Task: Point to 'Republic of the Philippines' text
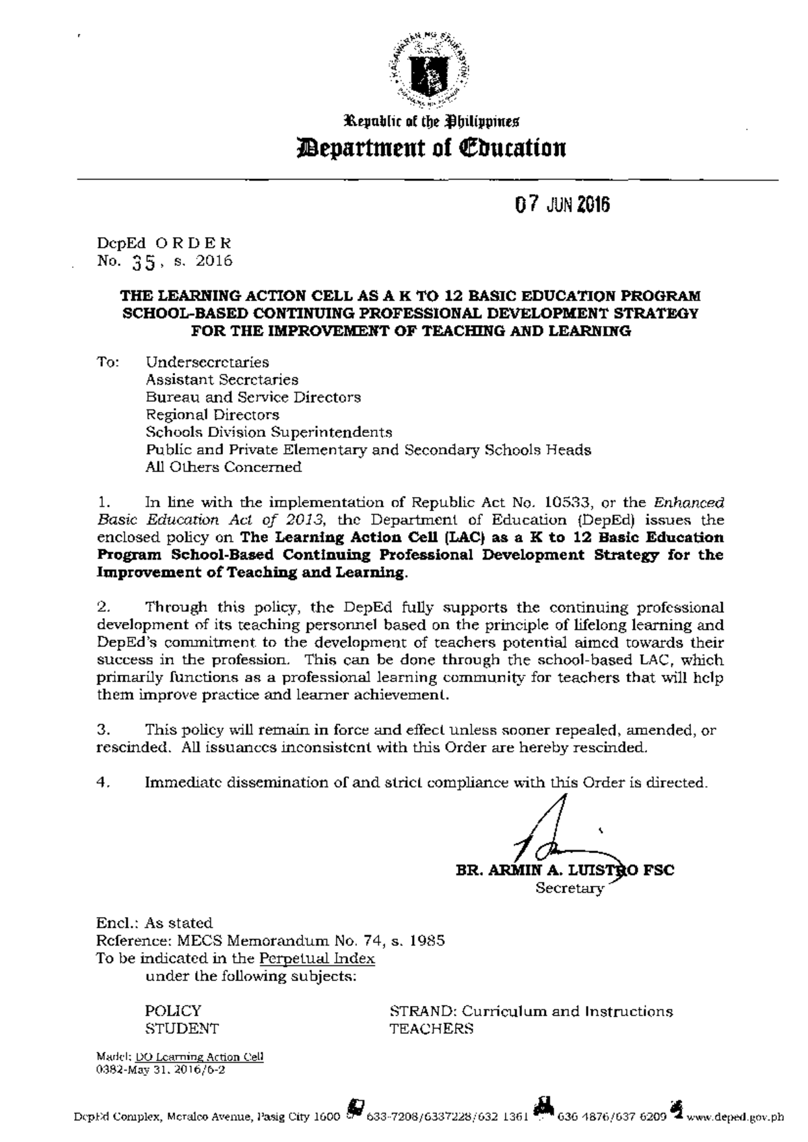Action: (429, 122)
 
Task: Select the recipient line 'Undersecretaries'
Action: (207, 362)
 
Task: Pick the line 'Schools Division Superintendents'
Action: (269, 432)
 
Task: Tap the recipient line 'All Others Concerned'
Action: (224, 467)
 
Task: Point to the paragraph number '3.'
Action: (103, 729)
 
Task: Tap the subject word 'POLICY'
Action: (173, 1011)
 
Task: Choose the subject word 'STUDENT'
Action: (182, 1029)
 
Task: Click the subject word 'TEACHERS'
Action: (431, 1029)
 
